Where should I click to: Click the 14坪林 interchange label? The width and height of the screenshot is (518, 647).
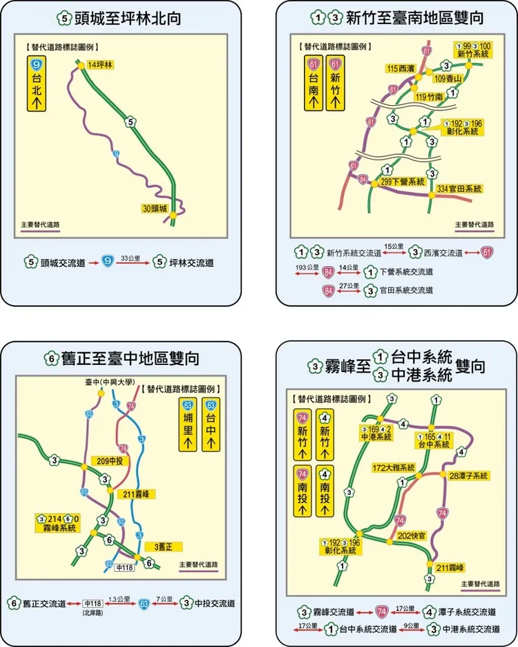tap(100, 65)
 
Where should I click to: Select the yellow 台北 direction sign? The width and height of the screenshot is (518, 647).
tap(37, 84)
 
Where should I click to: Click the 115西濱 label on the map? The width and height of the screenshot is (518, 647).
tap(401, 69)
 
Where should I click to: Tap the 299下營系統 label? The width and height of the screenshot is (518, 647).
tap(403, 182)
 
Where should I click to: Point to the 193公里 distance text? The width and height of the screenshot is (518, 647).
tap(307, 267)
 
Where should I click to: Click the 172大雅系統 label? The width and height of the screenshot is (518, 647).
tap(394, 467)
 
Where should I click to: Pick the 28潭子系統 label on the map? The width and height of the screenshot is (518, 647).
tap(468, 476)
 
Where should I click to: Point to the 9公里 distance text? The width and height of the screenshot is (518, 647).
tap(411, 625)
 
